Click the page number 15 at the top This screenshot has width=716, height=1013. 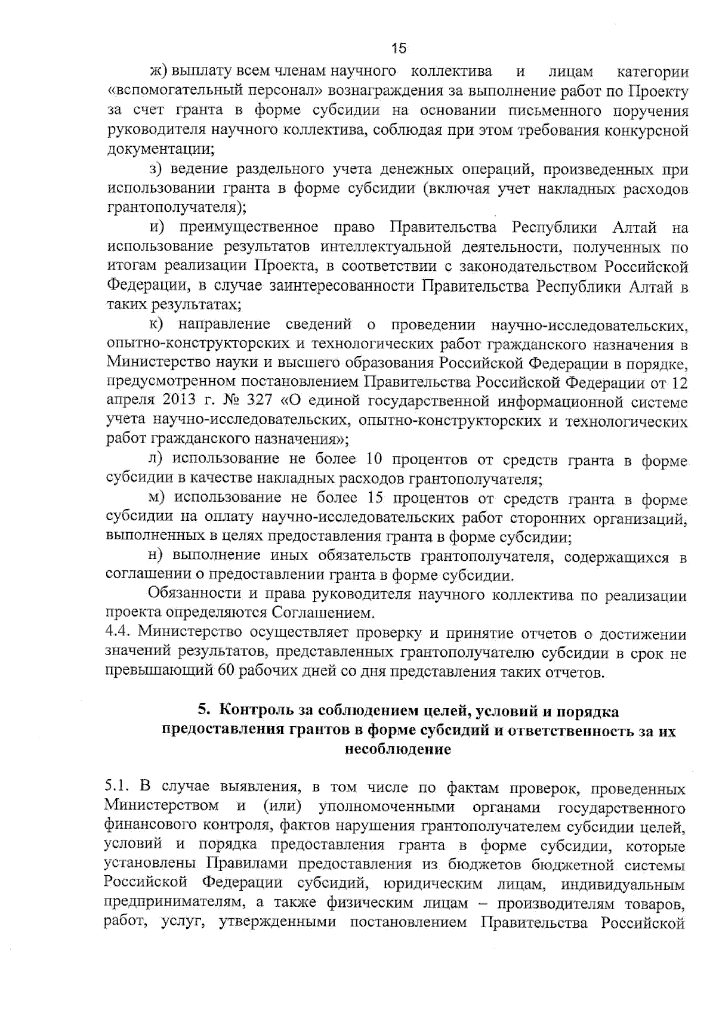pyautogui.click(x=399, y=48)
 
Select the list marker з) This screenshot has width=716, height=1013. pyautogui.click(x=156, y=170)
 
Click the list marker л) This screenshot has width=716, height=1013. pyautogui.click(x=155, y=459)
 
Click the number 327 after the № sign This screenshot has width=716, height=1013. pyautogui.click(x=257, y=402)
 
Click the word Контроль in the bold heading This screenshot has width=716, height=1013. pyautogui.click(x=254, y=711)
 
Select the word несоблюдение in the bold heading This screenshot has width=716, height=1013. pyautogui.click(x=398, y=749)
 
